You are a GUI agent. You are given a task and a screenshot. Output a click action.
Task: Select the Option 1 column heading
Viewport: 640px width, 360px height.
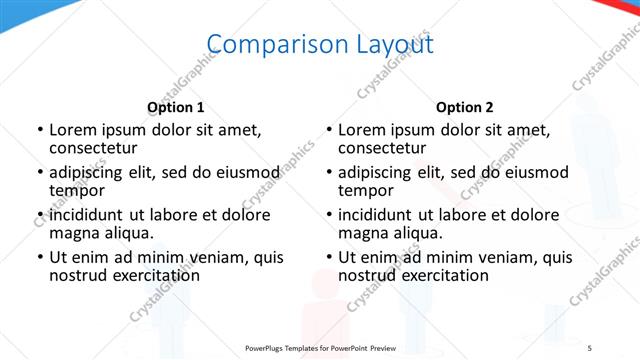176,107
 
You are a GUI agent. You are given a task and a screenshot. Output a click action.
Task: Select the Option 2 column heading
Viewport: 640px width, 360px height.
464,107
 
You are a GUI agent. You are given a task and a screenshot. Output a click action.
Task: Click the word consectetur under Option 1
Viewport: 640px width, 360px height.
95,149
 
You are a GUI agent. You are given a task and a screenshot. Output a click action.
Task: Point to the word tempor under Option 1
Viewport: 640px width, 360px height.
77,191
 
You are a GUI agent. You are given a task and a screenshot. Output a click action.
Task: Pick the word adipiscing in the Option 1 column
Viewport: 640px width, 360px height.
91,172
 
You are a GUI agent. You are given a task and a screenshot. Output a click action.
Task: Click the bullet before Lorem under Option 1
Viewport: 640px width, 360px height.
39,130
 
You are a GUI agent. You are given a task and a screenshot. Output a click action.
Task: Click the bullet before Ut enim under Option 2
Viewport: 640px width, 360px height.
328,257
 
